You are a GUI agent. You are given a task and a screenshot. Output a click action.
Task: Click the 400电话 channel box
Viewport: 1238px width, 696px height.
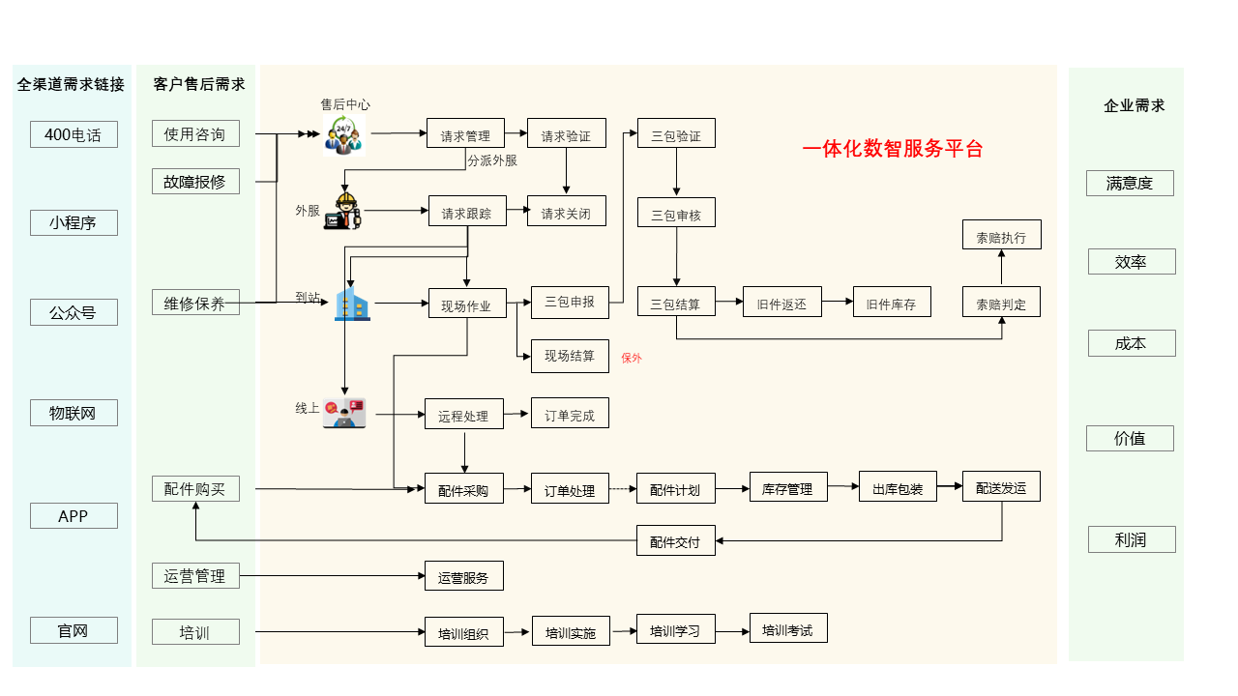coord(74,134)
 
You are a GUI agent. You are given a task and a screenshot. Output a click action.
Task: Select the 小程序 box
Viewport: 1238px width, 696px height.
coord(74,223)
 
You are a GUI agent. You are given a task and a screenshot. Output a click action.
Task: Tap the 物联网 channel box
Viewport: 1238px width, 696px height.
coord(74,413)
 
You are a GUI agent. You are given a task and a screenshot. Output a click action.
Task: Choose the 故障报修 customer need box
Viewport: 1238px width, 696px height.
coord(195,181)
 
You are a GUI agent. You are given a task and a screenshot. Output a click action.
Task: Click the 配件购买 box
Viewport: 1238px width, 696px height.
coord(195,488)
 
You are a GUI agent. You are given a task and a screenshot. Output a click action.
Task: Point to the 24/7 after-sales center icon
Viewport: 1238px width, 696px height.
coord(343,134)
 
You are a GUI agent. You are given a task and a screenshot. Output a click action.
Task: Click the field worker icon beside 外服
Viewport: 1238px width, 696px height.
coord(345,210)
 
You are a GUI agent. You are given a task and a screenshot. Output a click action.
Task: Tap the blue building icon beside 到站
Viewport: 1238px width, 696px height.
coord(352,304)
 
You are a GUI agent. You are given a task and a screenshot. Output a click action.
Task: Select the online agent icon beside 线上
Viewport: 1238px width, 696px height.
coord(345,413)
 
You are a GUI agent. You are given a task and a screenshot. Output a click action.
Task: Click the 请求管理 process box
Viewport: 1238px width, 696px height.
coord(466,133)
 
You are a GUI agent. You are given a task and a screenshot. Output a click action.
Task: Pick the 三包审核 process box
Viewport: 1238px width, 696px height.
coord(676,213)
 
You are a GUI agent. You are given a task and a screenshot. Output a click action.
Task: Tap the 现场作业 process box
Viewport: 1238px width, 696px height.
coord(467,304)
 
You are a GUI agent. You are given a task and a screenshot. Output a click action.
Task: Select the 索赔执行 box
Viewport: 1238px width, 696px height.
coord(1001,235)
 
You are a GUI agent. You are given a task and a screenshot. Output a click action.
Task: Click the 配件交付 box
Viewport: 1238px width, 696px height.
coord(675,540)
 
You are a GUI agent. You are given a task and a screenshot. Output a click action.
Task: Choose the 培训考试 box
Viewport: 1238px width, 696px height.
coord(788,628)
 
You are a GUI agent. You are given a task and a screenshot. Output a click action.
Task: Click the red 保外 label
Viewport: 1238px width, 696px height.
coord(632,358)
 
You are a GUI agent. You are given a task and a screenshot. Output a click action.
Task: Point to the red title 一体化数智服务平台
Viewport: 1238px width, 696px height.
coord(893,149)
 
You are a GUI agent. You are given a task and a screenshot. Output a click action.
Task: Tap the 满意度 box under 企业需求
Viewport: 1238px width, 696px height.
coord(1130,183)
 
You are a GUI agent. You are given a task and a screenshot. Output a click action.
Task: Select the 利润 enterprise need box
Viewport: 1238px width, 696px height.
coord(1131,539)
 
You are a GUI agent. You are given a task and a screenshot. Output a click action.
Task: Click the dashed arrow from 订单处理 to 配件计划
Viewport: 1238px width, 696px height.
coord(622,489)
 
